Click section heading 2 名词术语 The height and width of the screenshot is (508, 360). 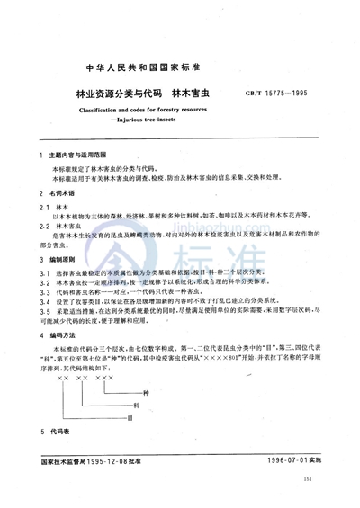click(68, 194)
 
